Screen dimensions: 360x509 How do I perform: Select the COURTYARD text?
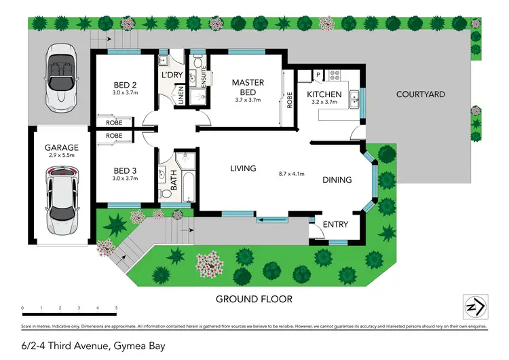pos(420,94)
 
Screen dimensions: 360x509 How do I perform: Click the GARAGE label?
pos(62,147)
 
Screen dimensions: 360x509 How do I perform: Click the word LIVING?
pos(242,168)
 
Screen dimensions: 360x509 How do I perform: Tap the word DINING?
pos(337,180)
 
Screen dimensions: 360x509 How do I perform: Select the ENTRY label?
pos(336,225)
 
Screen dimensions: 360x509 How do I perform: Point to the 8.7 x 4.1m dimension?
pos(290,174)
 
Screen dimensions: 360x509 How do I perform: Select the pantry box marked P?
pos(316,74)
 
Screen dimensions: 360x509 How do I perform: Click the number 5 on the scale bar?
pos(116,308)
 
